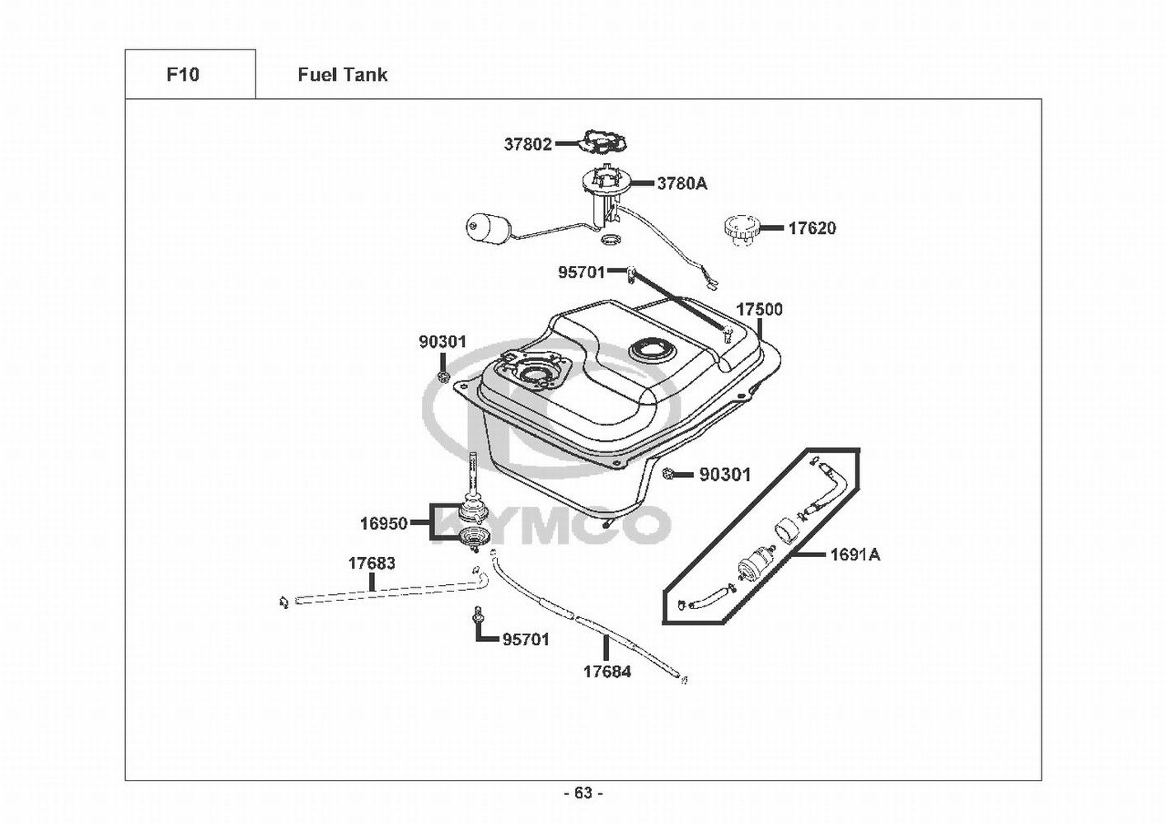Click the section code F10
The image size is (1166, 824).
(183, 75)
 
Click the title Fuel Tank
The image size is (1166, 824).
(342, 75)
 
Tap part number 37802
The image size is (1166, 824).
(527, 144)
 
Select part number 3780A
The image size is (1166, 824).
(681, 184)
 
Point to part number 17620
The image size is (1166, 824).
(812, 228)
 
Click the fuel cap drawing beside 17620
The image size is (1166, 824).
(739, 229)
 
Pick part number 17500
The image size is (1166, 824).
(759, 310)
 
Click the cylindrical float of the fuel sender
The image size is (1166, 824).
(484, 228)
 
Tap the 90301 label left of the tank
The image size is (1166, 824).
(443, 342)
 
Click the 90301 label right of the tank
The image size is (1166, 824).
(725, 475)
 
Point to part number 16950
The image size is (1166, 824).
(383, 523)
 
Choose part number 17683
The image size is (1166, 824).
(371, 564)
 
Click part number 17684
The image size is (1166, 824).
(607, 672)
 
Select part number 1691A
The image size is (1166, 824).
(855, 555)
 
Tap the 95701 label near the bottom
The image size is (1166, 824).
(526, 639)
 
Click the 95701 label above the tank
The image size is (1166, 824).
(582, 272)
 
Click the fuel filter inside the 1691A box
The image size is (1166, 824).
(753, 566)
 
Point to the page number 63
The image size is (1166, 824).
(583, 793)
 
